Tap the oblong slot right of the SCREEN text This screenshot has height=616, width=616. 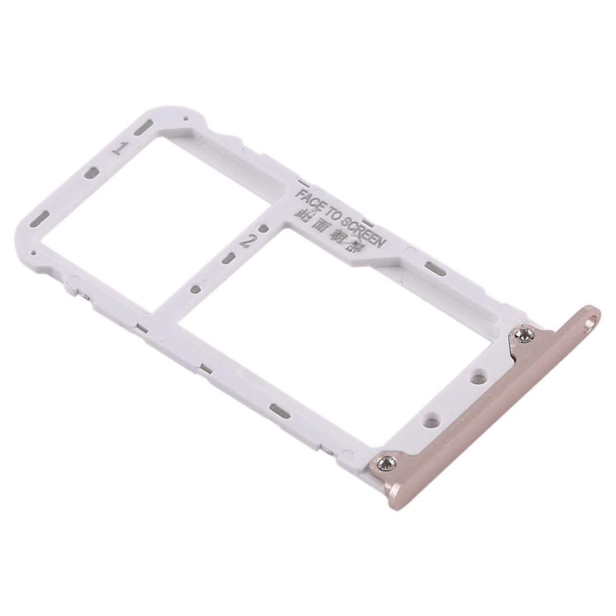[434, 267]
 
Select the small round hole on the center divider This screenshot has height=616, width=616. [195, 290]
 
